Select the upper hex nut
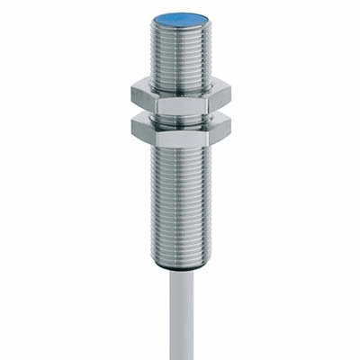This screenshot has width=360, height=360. pos(181,94)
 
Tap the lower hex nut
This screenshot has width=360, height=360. pos(181,130)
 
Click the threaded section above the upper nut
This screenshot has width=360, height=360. pos(181,54)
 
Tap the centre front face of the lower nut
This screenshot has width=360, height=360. pos(181,135)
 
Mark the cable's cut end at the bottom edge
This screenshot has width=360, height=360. pos(181,356)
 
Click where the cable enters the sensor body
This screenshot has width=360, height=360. pos(181,273)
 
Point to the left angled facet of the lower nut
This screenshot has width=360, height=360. pos(144,131)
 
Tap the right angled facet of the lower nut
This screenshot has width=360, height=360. pos(220,131)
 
